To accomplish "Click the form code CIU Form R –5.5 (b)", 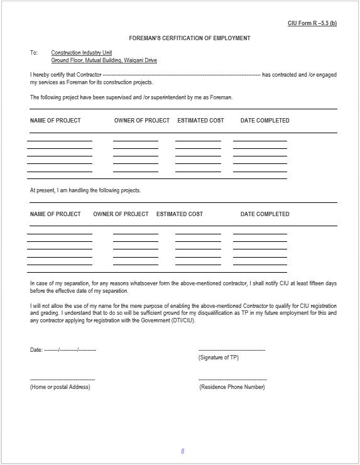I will [312, 23].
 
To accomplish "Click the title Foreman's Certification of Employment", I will [190, 38].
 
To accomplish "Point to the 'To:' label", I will [34, 53].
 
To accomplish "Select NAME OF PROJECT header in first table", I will [55, 120].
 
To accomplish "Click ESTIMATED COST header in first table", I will [200, 120].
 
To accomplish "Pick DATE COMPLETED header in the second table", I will [265, 214].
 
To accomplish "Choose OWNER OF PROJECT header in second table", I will [121, 214].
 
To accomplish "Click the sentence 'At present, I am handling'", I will [85, 190].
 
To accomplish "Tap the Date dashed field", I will [70, 349].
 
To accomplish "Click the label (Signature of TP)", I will [218, 358].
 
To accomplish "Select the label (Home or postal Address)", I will [60, 387].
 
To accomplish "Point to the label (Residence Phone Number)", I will [232, 387].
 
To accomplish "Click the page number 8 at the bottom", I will [182, 451].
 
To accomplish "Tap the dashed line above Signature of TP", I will [231, 349].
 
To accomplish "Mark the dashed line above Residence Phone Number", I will [232, 380].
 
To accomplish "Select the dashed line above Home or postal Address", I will [62, 380].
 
